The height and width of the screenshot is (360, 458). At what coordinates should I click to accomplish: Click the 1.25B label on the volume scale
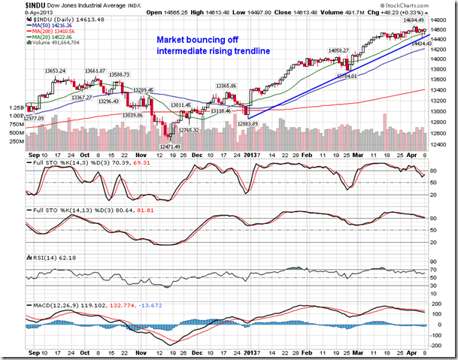(17, 107)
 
